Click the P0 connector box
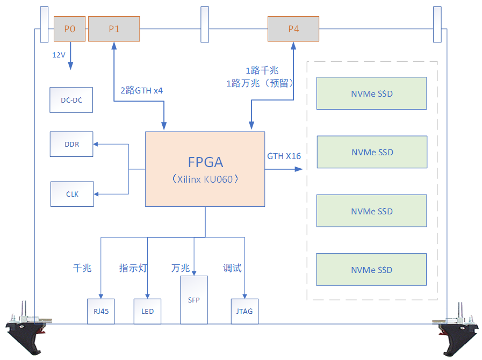(x=69, y=29)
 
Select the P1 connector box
(x=114, y=29)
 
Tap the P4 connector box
(x=293, y=29)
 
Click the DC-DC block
(x=71, y=100)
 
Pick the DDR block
(x=71, y=145)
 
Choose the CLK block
(x=72, y=194)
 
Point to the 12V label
(x=59, y=55)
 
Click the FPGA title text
(x=205, y=162)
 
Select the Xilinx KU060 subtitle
(x=206, y=179)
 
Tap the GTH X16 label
(x=284, y=156)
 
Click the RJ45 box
(x=101, y=311)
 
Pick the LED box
(x=147, y=311)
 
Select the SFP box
(x=194, y=300)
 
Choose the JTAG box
(x=244, y=311)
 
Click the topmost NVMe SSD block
(x=371, y=93)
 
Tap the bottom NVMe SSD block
(x=371, y=270)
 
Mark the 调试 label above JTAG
(x=232, y=268)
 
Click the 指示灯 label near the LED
(x=133, y=268)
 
